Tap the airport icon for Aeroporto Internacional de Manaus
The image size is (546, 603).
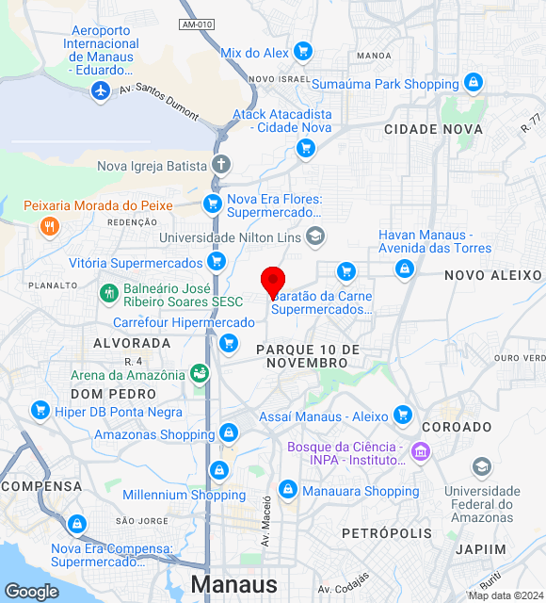(x=101, y=90)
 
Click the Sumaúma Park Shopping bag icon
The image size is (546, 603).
(x=473, y=84)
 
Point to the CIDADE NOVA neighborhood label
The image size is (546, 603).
(x=433, y=129)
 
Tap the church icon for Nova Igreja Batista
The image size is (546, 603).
(x=220, y=166)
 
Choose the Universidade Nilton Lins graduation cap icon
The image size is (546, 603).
(x=315, y=237)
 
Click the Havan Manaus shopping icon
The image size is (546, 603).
(x=405, y=269)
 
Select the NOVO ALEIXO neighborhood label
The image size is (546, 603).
(x=493, y=275)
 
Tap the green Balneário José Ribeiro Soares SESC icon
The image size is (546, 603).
(x=109, y=294)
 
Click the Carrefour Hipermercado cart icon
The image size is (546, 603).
(x=228, y=344)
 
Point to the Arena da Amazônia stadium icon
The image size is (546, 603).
(x=200, y=374)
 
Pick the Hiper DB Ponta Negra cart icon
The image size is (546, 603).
(x=40, y=410)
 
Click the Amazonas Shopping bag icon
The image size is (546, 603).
(x=228, y=433)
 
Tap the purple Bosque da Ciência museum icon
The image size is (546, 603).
(x=420, y=453)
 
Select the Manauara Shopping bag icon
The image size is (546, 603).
(x=288, y=490)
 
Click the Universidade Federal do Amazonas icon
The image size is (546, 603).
(x=482, y=467)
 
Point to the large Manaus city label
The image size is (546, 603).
(x=233, y=584)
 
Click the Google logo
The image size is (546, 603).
(x=31, y=592)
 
